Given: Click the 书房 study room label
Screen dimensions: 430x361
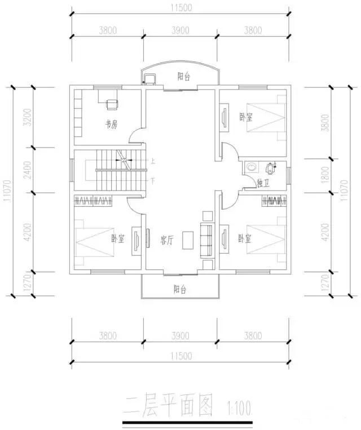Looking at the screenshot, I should click(x=111, y=125).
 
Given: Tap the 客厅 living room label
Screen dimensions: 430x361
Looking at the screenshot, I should click(x=166, y=241).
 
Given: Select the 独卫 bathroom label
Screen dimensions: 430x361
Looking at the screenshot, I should click(x=262, y=183).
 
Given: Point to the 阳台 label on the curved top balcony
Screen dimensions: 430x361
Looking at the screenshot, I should click(x=183, y=77).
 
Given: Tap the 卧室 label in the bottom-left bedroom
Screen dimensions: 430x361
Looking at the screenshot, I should click(x=117, y=239).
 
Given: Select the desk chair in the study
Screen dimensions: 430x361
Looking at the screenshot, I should click(x=112, y=104).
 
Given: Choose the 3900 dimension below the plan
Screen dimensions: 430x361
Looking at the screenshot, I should click(x=180, y=336).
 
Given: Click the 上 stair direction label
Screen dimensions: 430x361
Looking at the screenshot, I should click(x=152, y=161).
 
